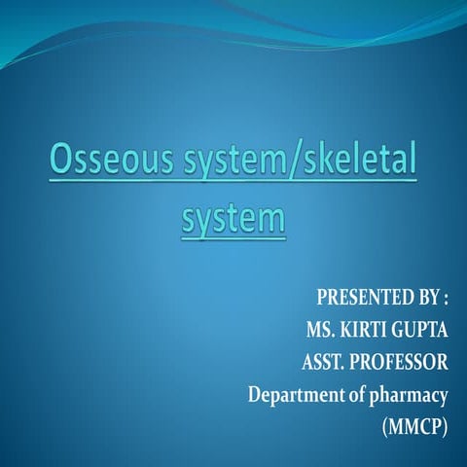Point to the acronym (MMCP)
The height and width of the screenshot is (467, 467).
pyautogui.click(x=413, y=429)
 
